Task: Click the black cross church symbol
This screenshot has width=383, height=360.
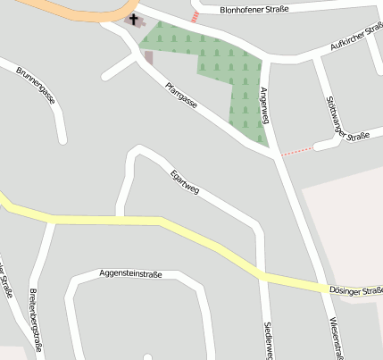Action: click(135, 18)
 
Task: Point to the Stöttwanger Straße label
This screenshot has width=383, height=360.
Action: click(348, 116)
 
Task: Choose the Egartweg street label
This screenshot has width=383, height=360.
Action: click(185, 183)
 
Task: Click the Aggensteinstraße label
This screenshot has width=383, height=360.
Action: click(130, 274)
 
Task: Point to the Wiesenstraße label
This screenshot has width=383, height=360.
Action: click(336, 338)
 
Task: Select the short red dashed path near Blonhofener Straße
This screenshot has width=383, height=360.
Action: click(195, 17)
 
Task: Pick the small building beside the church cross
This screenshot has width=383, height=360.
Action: click(148, 57)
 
